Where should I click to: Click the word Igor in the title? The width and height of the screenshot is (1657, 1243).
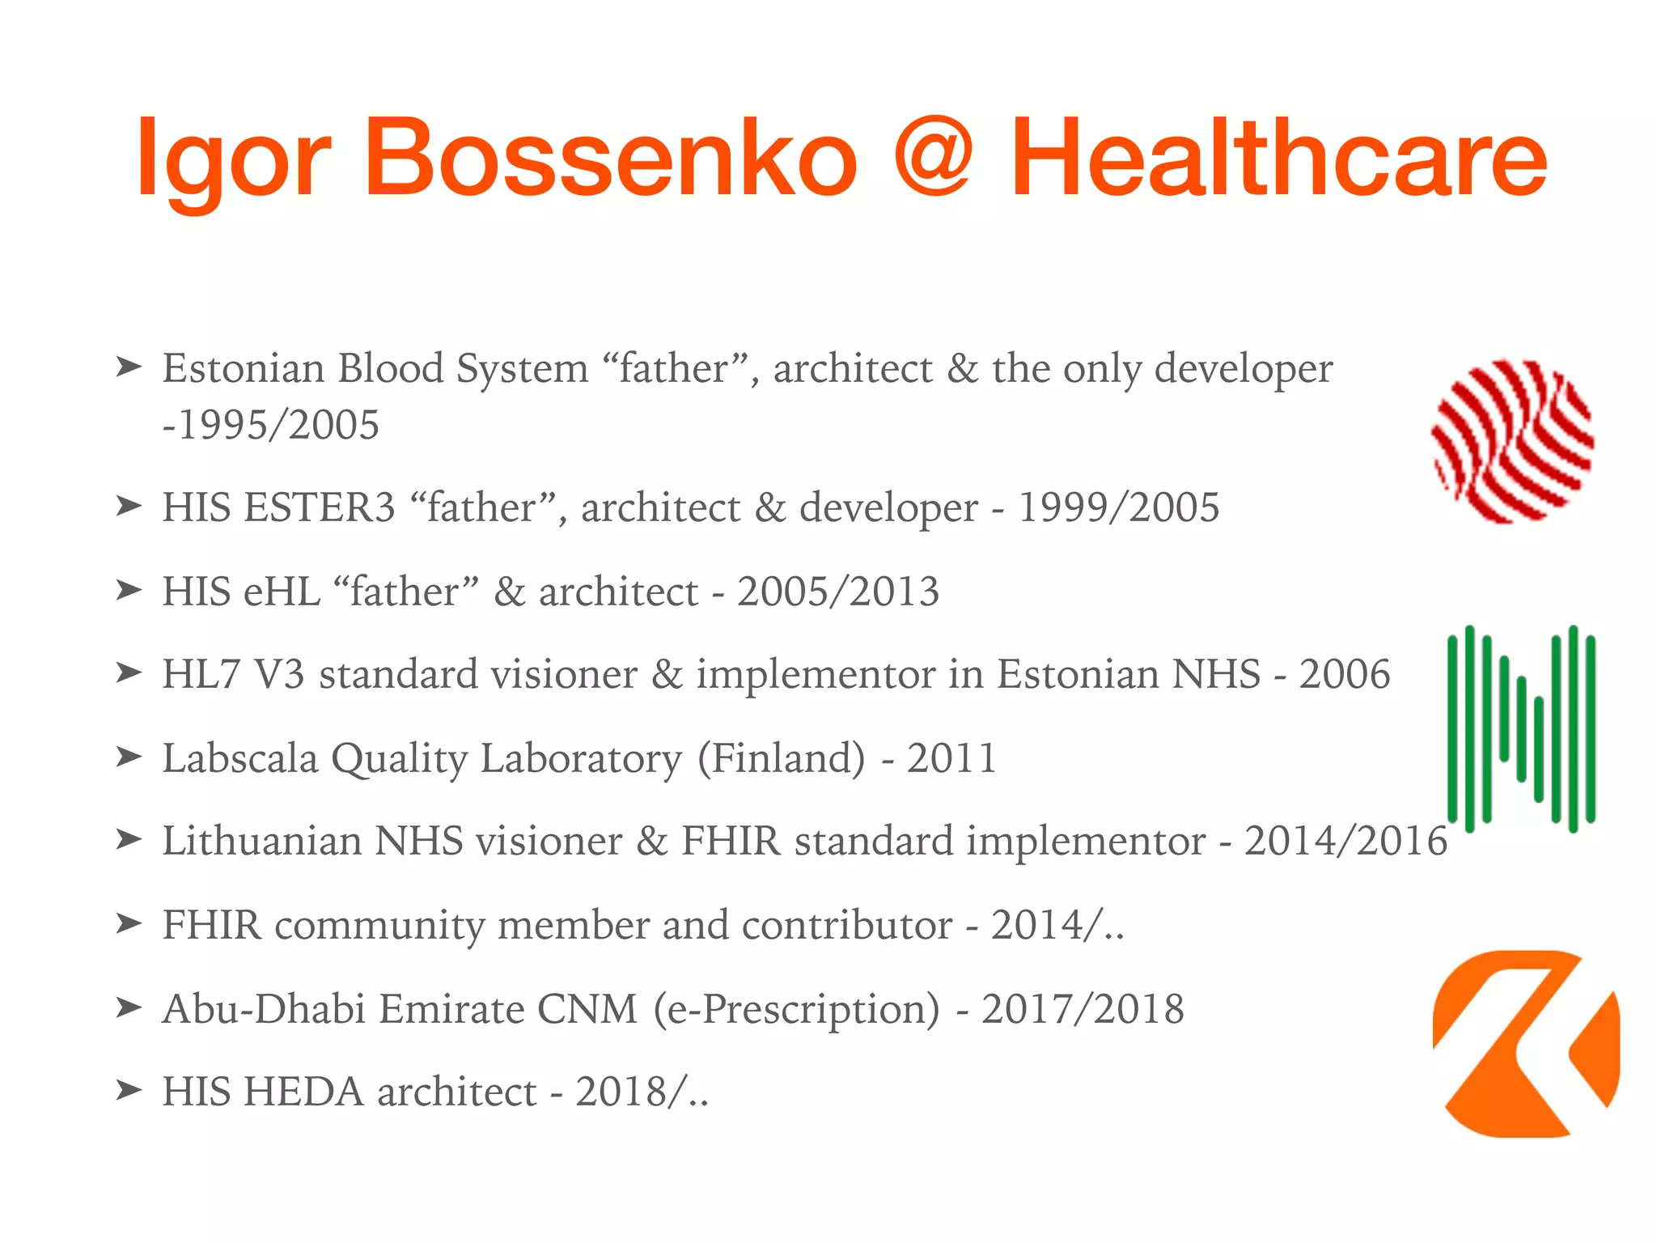pyautogui.click(x=233, y=158)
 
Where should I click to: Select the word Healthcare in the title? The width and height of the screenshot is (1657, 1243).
pyautogui.click(x=1278, y=158)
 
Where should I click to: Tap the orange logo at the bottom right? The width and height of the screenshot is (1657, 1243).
pyautogui.click(x=1525, y=1044)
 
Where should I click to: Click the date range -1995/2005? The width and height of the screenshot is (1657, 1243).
pyautogui.click(x=271, y=425)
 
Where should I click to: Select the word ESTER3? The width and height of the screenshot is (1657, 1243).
pyautogui.click(x=320, y=508)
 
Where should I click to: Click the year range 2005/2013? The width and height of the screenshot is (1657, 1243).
pyautogui.click(x=837, y=592)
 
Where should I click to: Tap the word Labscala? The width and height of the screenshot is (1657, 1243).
pyautogui.click(x=240, y=758)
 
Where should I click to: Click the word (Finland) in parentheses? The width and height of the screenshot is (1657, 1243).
pyautogui.click(x=781, y=758)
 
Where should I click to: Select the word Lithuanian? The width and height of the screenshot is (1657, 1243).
pyautogui.click(x=261, y=841)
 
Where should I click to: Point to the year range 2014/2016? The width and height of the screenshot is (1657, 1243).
pyautogui.click(x=1345, y=841)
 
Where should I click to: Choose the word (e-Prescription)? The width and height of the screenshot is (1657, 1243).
pyautogui.click(x=796, y=1009)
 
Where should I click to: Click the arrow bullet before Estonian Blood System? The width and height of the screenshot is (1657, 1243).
pyautogui.click(x=129, y=367)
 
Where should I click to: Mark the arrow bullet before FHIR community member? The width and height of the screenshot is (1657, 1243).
pyautogui.click(x=129, y=923)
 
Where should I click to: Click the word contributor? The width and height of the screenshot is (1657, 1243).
pyautogui.click(x=846, y=925)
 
